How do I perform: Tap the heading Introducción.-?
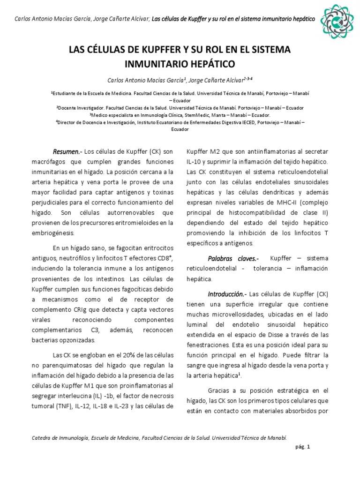point(227,294)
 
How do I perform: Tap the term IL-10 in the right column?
point(194,162)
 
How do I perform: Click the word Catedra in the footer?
point(42,437)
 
